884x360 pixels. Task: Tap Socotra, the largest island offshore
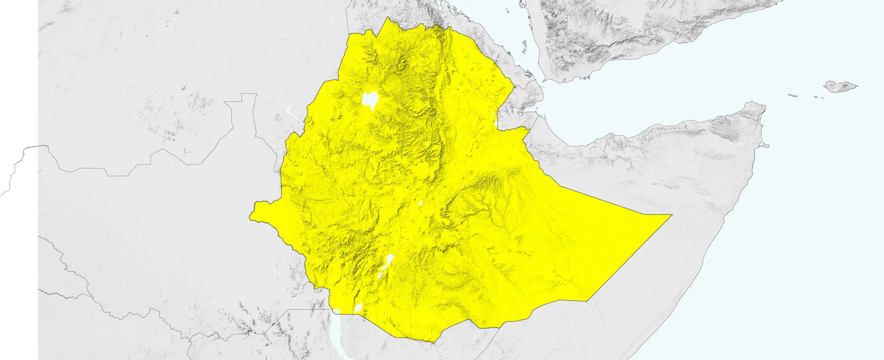coord(839,86)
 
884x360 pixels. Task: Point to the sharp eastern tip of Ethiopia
coord(671,215)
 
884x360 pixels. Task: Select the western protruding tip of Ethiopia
coord(251,217)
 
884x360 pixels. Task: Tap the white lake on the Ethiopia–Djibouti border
coord(496,122)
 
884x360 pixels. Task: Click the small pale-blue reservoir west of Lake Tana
coord(289,111)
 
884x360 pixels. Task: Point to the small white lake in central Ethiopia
coord(420,203)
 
